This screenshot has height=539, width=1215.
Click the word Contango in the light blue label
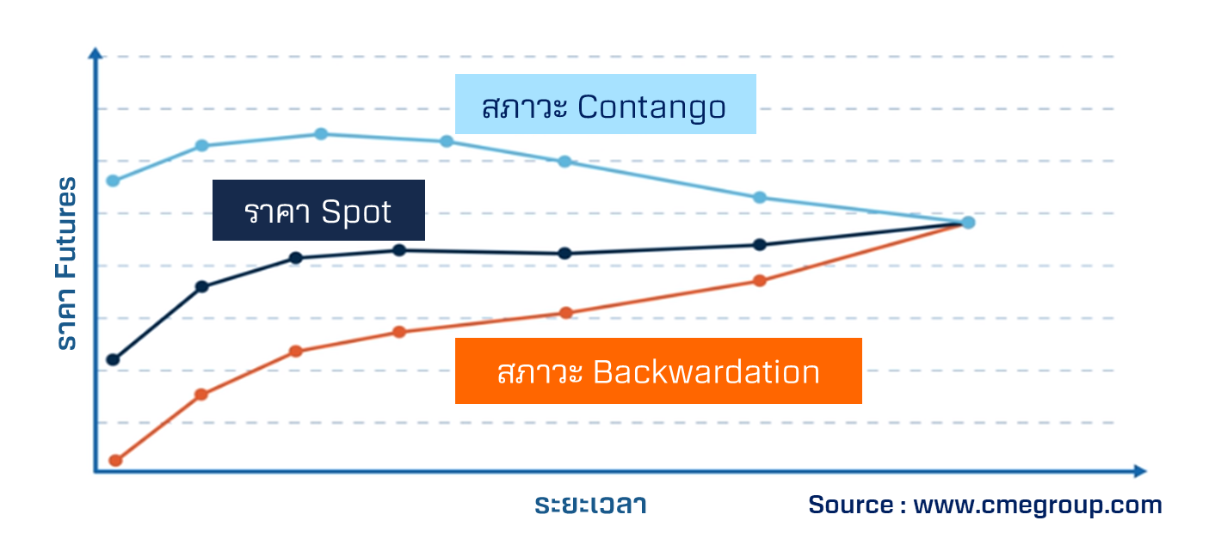coord(651,107)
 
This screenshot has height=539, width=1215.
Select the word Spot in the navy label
coord(356,211)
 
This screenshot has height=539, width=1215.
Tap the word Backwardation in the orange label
coord(706,372)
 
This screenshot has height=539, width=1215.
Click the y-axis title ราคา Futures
coord(67,263)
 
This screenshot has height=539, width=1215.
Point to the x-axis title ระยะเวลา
coord(590,505)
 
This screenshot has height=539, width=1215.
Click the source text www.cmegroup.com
coord(1038,505)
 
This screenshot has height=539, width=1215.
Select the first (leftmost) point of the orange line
coord(115,461)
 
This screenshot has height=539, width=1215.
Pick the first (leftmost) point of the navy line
coord(113,359)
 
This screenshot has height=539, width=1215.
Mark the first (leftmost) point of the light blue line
coord(113,181)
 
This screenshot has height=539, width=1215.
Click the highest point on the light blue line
coord(321,134)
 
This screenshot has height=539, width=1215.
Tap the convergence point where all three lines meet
coord(968,223)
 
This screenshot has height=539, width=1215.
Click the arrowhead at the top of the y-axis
coord(96,53)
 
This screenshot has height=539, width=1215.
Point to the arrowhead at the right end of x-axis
coord(1140,471)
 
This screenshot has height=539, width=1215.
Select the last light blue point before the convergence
coord(760,198)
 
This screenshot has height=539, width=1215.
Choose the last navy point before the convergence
coord(760,245)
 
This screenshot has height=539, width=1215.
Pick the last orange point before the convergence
coord(760,280)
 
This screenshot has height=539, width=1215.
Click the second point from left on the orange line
coord(201,395)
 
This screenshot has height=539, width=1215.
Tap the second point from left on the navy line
coord(201,286)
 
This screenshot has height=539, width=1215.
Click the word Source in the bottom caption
coord(850,505)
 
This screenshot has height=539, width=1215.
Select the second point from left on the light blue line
coord(201,145)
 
